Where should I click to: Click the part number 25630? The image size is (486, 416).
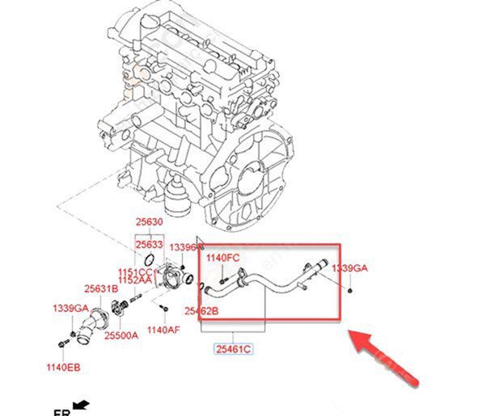(x=149, y=222)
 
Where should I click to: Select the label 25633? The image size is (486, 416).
(x=149, y=242)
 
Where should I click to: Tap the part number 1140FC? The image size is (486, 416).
(x=223, y=258)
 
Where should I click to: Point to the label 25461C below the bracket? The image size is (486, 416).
(x=233, y=349)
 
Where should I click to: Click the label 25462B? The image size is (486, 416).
(x=201, y=309)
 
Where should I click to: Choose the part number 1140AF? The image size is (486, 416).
(x=164, y=330)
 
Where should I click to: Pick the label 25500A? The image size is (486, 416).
(x=121, y=334)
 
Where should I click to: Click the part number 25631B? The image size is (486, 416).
(x=101, y=288)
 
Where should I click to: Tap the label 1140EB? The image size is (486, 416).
(x=64, y=368)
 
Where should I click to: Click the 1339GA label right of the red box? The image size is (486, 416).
(x=349, y=267)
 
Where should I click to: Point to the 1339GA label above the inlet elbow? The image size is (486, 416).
(x=70, y=308)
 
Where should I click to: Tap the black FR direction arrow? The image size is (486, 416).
(x=80, y=405)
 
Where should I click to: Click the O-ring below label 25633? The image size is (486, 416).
(x=150, y=258)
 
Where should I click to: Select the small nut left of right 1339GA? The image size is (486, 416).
(x=349, y=288)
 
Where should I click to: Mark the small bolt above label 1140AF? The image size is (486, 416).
(x=163, y=309)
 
